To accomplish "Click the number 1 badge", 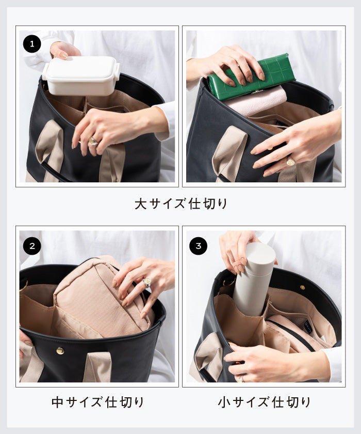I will coord(32,44).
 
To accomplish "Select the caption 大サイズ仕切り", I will coord(180,204).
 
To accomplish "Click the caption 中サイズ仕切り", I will coord(97,402).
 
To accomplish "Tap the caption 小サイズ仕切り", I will coord(264,402).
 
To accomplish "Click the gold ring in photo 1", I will coord(93,141).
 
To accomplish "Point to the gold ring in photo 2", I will coord(147,282).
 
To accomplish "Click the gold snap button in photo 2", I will coord(60,351).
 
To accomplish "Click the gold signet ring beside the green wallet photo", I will coord(290,162).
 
